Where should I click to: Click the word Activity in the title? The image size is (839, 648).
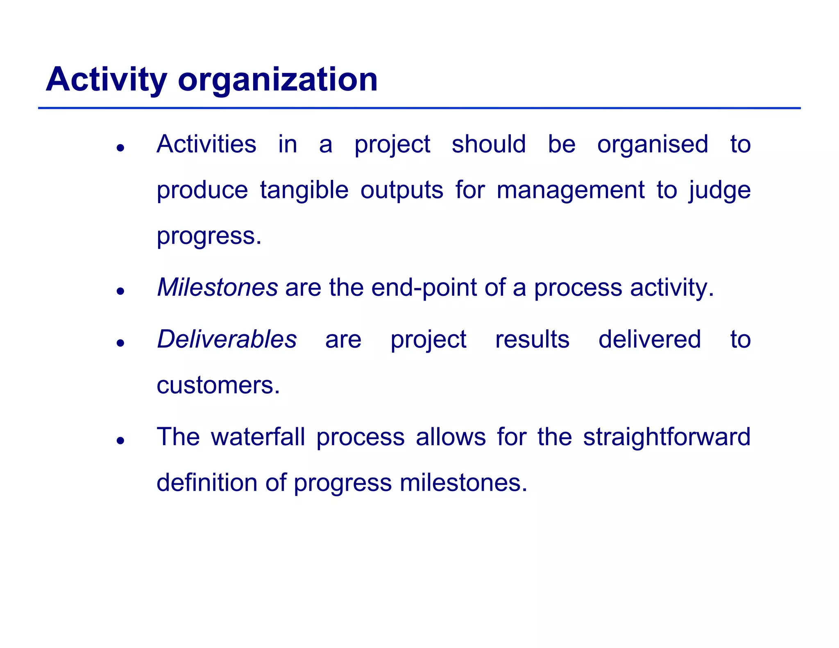106,80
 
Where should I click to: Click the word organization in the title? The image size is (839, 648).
277,80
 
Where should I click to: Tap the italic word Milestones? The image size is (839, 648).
218,288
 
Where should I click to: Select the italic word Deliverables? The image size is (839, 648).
227,340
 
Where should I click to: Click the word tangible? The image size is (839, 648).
304,190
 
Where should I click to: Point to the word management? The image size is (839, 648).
570,190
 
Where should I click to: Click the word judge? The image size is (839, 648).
719,190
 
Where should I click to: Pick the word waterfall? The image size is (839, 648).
258,437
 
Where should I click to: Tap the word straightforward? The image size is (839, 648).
667,437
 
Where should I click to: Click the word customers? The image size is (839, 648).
218,385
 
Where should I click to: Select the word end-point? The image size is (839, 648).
424,288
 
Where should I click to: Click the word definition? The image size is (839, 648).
207,483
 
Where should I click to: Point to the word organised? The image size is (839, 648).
652,144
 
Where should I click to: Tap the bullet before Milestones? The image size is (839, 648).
120,291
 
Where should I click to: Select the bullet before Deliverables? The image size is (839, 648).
120,343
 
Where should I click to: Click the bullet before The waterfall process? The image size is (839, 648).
120,441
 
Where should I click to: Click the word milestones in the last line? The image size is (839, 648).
463,483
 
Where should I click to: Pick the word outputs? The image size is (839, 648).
401,190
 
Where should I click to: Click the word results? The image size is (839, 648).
532,340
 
